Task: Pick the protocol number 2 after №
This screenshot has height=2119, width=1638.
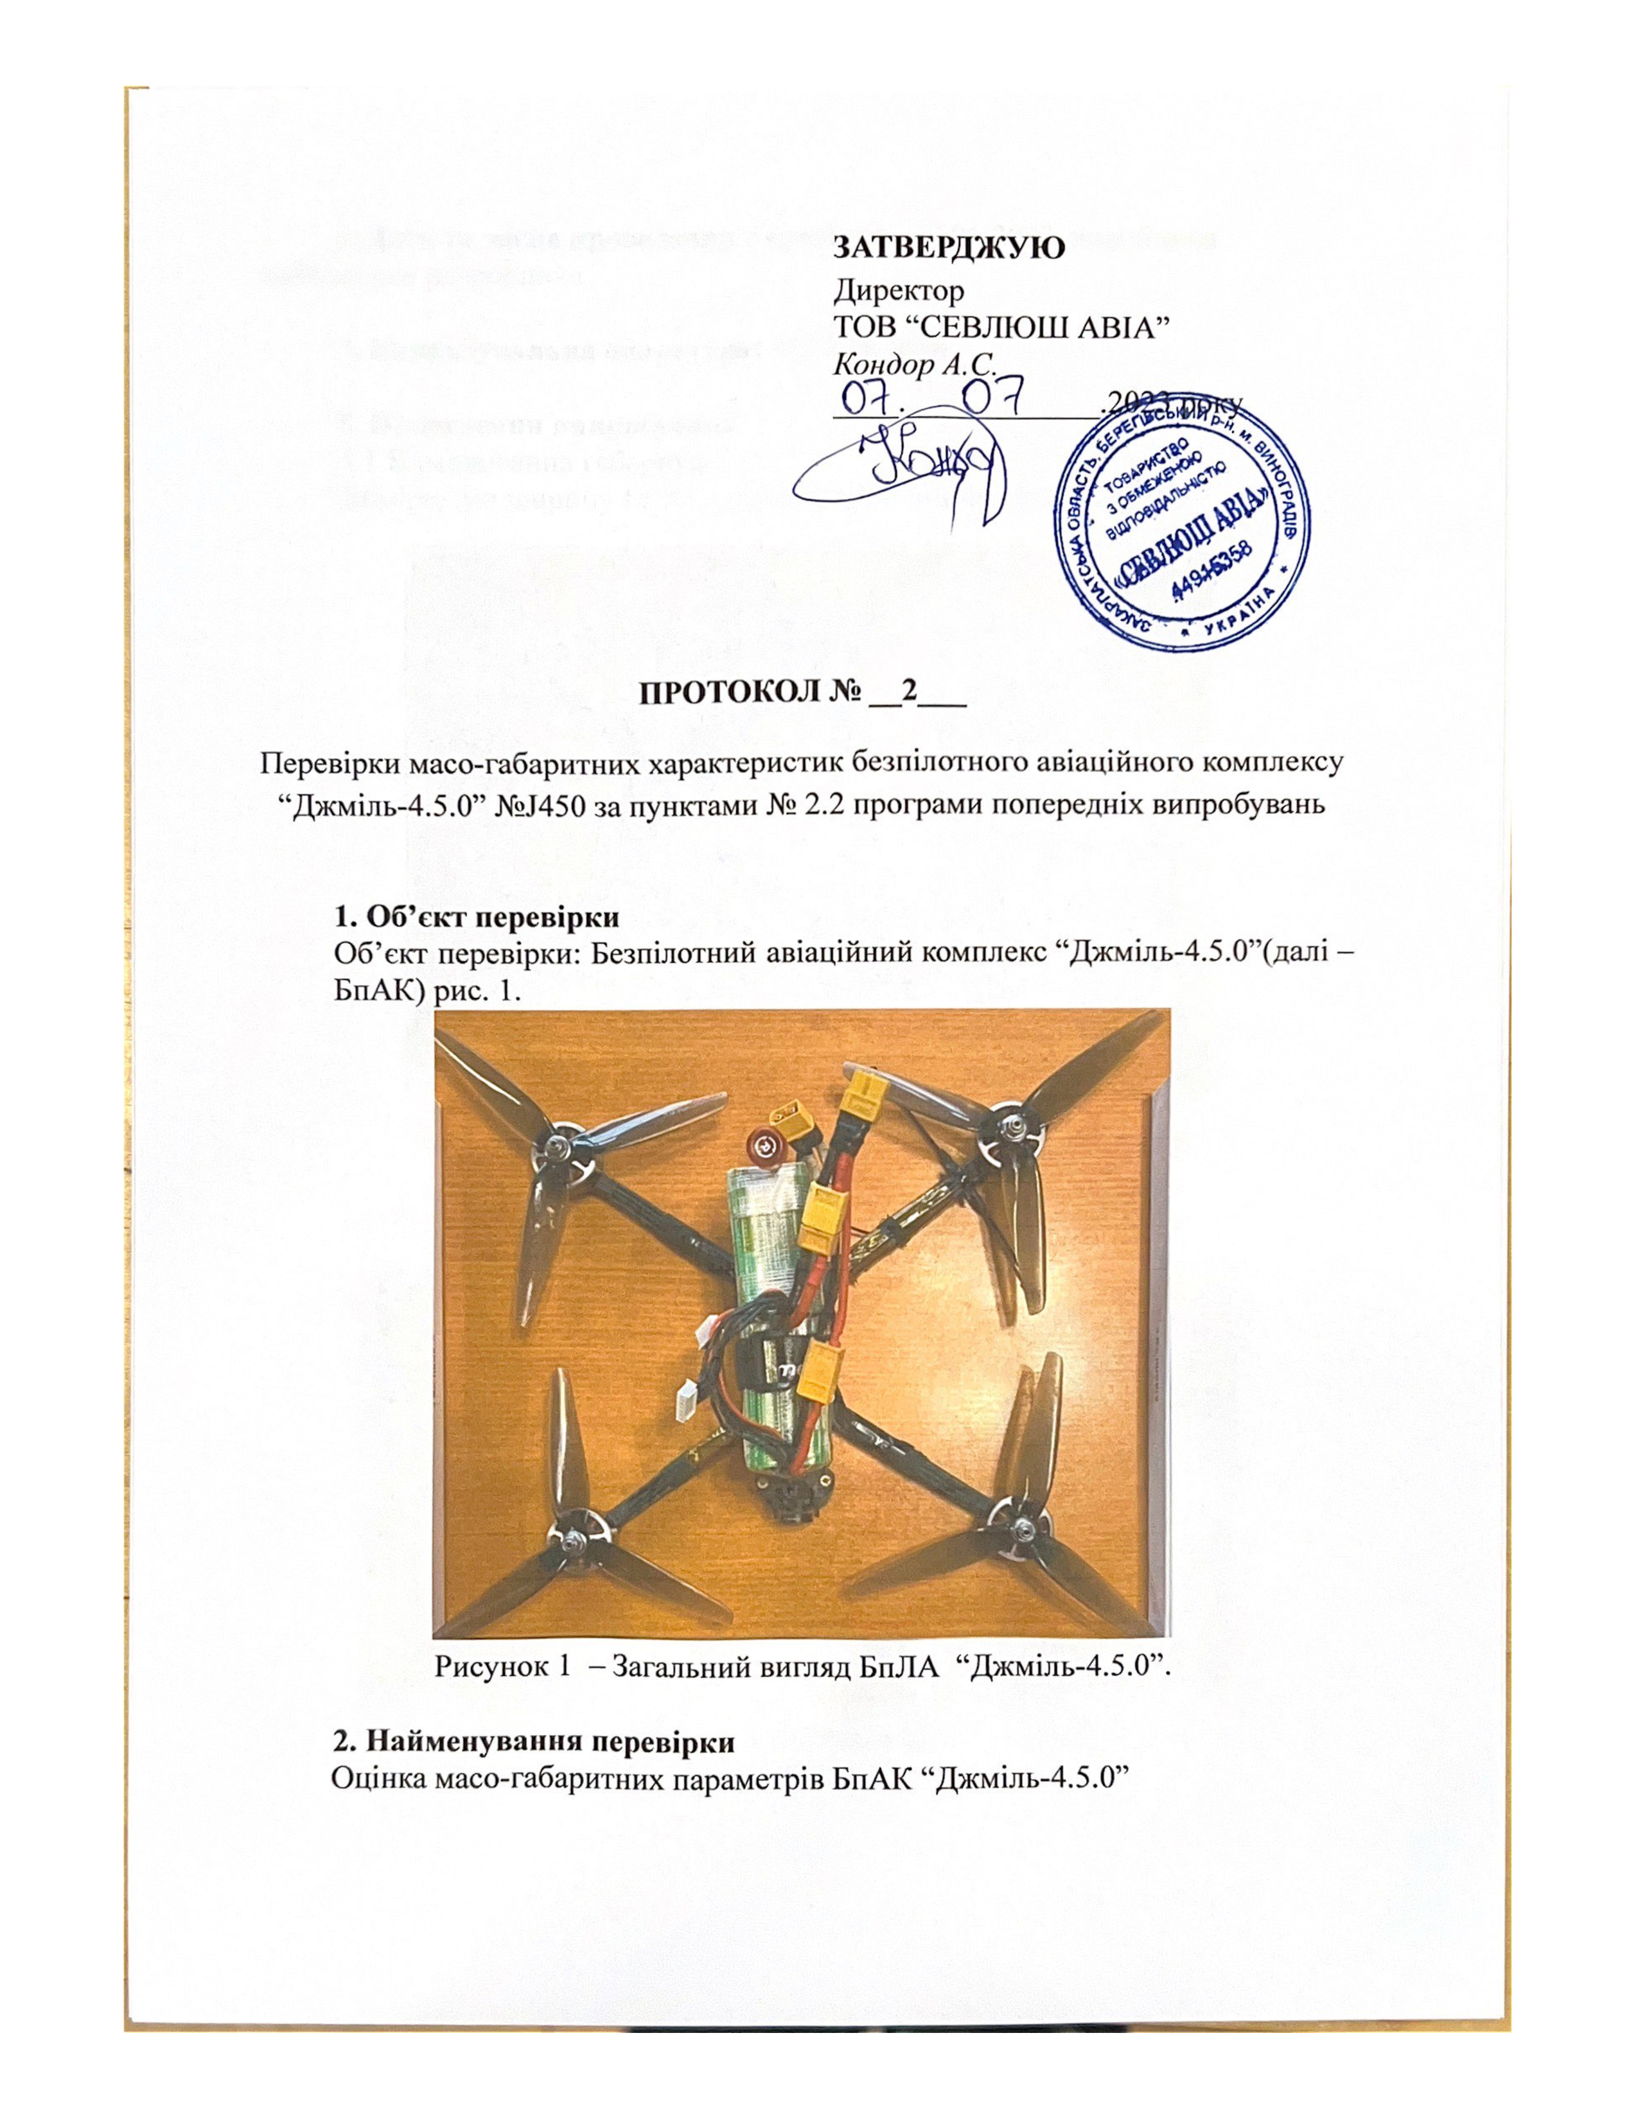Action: point(909,693)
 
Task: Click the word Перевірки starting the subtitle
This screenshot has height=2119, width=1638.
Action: point(321,761)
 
